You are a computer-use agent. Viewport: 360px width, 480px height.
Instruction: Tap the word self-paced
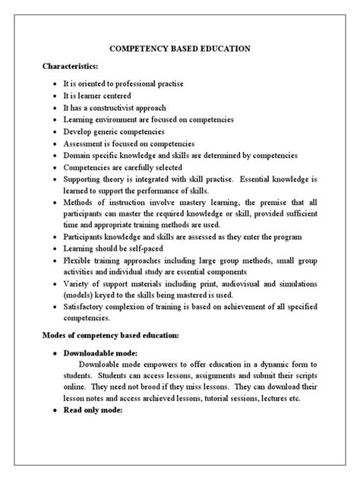click(x=144, y=248)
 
